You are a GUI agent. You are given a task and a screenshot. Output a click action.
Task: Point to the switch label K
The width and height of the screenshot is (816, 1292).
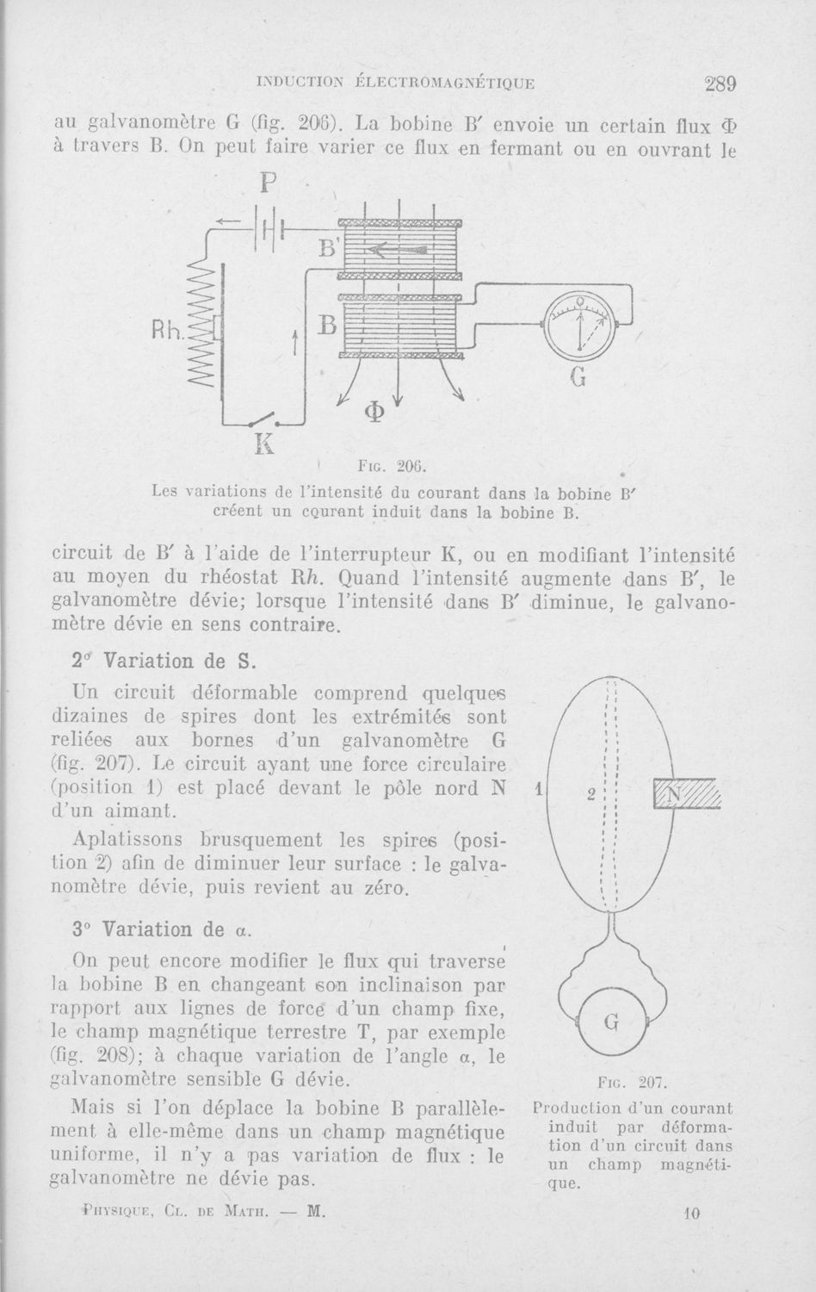pyautogui.click(x=263, y=444)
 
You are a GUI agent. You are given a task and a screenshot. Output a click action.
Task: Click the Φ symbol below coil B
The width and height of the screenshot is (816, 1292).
pyautogui.click(x=373, y=412)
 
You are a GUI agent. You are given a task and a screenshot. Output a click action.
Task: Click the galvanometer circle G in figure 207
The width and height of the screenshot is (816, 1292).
pyautogui.click(x=612, y=1022)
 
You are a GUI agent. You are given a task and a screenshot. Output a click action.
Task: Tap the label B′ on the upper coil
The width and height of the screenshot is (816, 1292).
pyautogui.click(x=328, y=249)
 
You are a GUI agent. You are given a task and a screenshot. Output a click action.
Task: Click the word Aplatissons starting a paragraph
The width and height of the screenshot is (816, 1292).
pyautogui.click(x=125, y=839)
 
